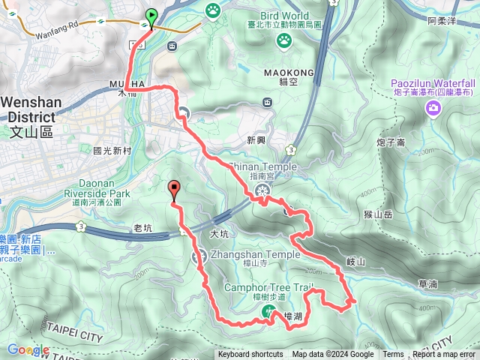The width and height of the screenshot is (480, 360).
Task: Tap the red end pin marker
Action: tap(175, 190)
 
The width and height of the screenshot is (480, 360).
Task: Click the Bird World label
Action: tap(284, 15)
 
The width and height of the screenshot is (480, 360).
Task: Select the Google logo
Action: tap(28, 350)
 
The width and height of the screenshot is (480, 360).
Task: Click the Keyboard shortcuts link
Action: tap(250, 355)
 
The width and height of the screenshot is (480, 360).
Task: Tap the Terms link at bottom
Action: tap(393, 355)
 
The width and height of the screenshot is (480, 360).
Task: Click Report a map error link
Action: tap(443, 355)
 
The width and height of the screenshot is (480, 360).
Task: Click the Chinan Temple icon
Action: tap(262, 190)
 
